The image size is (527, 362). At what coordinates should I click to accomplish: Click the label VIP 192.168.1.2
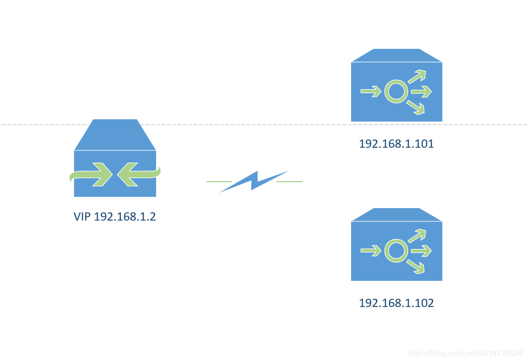point(115,217)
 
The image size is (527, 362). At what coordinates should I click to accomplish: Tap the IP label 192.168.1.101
point(396,144)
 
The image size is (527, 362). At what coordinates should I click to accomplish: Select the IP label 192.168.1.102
point(396,303)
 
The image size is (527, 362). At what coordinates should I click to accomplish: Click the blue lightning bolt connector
point(254,181)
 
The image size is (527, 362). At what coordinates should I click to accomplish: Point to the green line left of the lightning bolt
point(219,181)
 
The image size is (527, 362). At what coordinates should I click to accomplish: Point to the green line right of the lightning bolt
point(289,181)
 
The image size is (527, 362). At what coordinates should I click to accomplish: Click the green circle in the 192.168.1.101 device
point(396,91)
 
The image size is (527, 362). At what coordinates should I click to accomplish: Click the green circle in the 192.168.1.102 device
point(396,251)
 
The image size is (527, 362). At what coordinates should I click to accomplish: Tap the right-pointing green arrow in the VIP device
point(94,174)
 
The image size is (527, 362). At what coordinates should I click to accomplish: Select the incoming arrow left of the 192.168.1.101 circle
point(371,91)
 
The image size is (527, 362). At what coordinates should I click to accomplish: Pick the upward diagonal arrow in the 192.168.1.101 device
point(417,76)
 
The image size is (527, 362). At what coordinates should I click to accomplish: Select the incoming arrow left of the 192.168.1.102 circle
point(371,251)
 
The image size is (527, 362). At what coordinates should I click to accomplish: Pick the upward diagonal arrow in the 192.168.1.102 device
point(417,236)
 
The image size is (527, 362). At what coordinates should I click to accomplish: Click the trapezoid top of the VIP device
point(115,135)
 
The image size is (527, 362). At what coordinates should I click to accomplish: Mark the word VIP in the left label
point(82,217)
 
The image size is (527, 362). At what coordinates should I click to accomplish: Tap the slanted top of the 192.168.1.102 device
point(396,215)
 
